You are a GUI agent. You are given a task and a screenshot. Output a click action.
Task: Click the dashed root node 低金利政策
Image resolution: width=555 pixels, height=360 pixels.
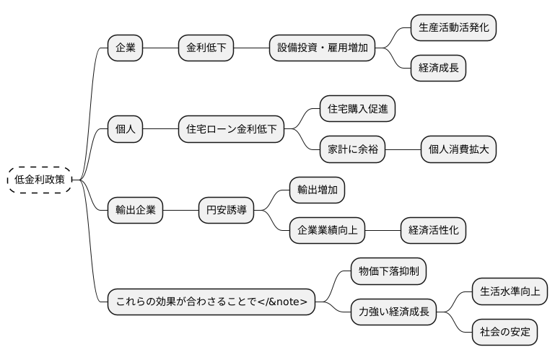tap(39, 180)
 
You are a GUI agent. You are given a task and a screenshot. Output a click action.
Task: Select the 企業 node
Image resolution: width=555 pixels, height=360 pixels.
tap(125, 48)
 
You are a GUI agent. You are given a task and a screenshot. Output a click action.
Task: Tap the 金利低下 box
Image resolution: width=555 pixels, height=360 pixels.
tap(206, 48)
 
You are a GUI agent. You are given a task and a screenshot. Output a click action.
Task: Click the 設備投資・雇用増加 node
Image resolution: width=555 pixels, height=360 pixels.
tap(322, 48)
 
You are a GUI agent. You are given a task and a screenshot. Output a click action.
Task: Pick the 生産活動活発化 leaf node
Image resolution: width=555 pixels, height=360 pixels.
tap(453, 28)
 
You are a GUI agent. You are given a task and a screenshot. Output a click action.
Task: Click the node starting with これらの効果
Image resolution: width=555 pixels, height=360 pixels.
tap(211, 302)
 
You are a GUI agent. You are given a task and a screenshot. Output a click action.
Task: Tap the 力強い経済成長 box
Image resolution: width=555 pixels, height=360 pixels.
tap(393, 312)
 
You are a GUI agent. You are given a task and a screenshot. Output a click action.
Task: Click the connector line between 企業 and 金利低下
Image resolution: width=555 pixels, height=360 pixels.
tap(160, 48)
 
